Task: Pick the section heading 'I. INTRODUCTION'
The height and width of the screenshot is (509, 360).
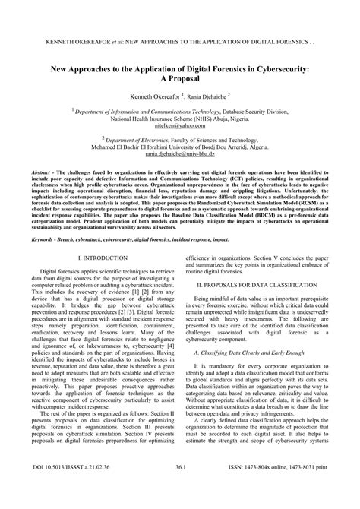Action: tap(95, 259)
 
